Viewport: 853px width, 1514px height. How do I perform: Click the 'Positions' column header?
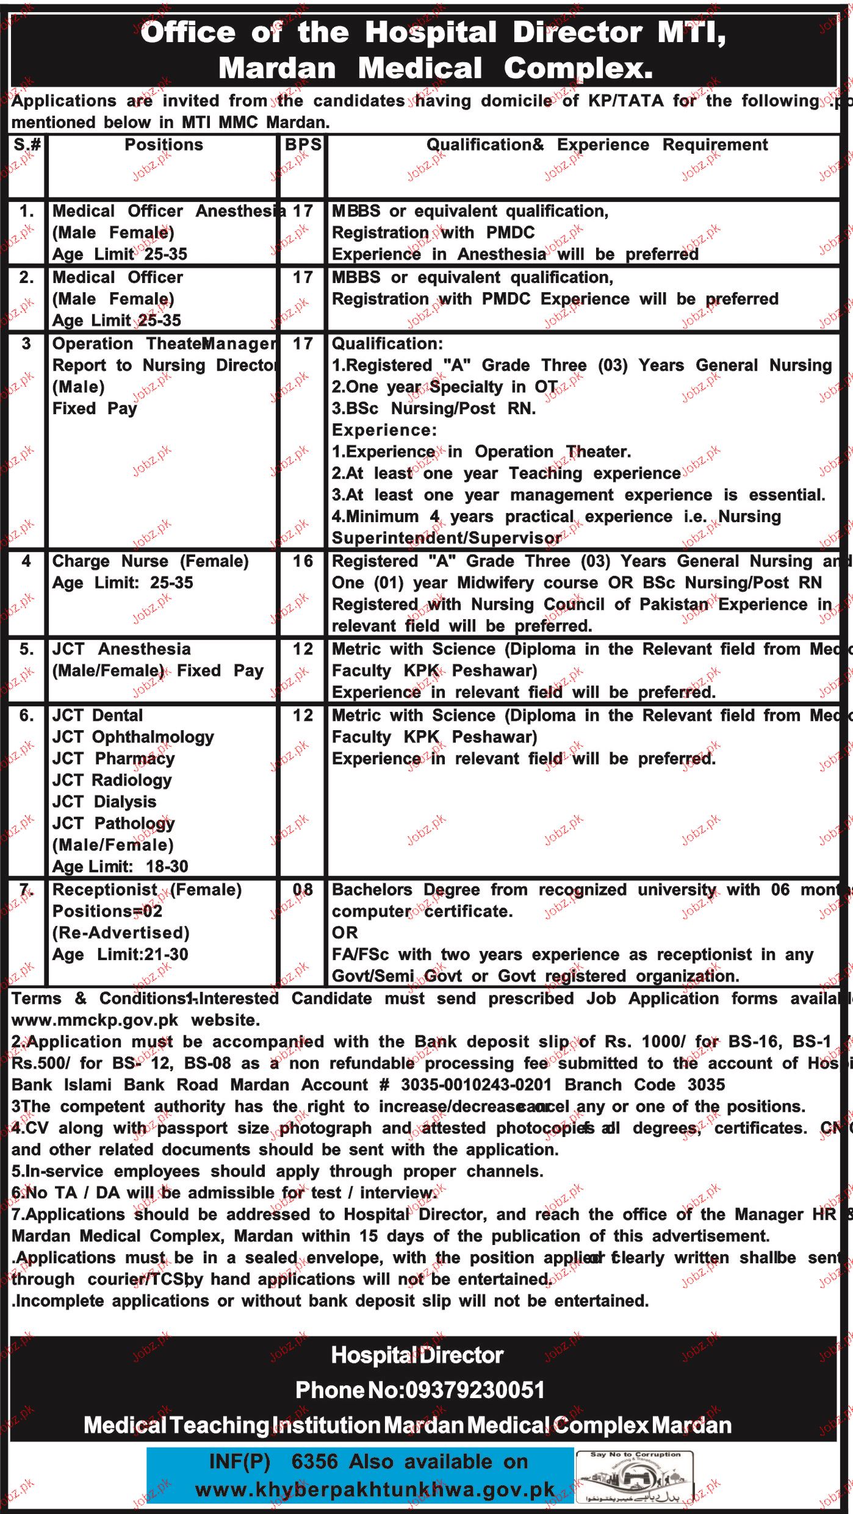coord(164,145)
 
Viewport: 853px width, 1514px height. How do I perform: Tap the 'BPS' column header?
coord(303,145)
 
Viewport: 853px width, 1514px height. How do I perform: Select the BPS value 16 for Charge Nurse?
coord(303,561)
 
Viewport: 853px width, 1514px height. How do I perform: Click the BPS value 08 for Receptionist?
coord(303,890)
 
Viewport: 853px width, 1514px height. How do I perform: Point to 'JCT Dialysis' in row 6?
coord(104,802)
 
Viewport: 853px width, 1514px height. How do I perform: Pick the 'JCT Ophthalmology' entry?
coord(133,737)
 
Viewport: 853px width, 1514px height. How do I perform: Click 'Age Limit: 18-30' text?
coord(120,866)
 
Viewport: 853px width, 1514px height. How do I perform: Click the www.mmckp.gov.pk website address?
coord(95,1020)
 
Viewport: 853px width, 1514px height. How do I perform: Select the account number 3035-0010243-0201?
coord(476,1085)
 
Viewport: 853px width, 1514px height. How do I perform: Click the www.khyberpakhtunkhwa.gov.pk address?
coord(375,1490)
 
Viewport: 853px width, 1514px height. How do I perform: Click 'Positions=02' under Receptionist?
coord(107,911)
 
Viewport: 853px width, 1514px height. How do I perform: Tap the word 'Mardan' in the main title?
coord(278,68)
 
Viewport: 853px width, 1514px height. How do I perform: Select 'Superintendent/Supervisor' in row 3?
coord(446,538)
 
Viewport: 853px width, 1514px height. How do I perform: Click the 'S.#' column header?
coord(27,145)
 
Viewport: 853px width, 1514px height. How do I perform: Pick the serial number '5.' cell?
coord(26,649)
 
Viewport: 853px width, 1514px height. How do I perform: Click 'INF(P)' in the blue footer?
coord(239,1462)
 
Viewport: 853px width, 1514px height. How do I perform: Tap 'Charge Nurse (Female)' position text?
coord(151,561)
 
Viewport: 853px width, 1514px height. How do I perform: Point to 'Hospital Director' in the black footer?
coord(417,1355)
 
